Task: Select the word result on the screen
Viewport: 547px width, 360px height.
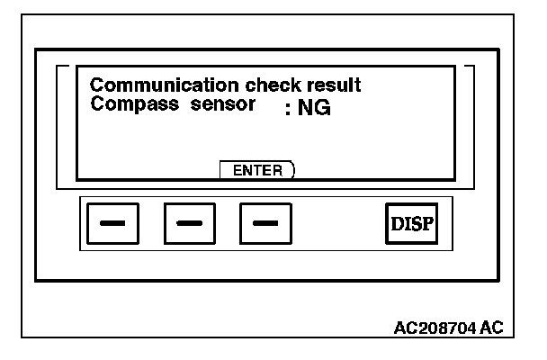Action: point(310,86)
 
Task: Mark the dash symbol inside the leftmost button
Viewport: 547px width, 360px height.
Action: point(112,223)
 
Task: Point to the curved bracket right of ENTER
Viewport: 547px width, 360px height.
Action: point(293,170)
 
